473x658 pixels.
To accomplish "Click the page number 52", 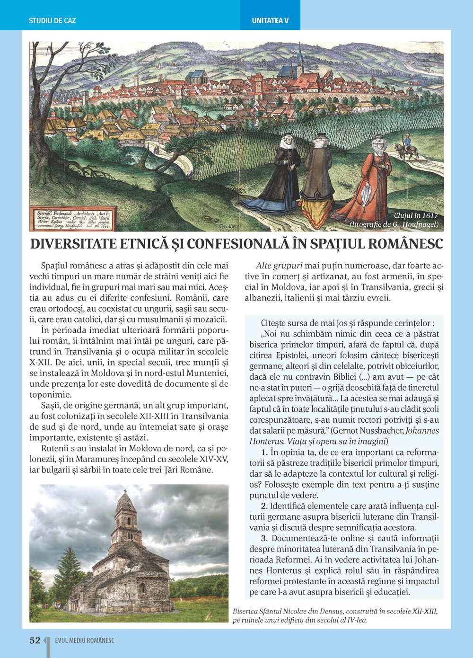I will pos(35,640).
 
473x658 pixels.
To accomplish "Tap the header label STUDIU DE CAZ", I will pos(52,21).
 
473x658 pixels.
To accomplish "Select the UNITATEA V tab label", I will pos(270,21).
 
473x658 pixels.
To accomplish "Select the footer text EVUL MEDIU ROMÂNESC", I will pos(85,640).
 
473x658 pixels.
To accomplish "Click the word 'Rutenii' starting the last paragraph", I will pos(54,448).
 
